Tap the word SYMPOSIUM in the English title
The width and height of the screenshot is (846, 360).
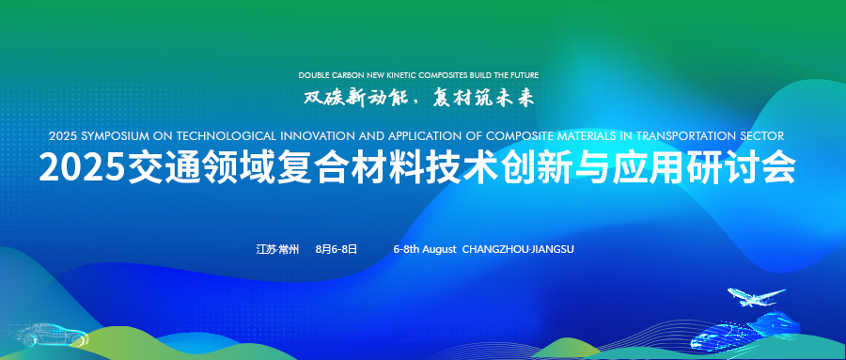[x=114, y=135]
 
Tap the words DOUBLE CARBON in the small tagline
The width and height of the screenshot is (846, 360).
[x=329, y=74]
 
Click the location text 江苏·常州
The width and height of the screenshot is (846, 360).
[x=276, y=249]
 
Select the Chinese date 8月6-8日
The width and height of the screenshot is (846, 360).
[x=337, y=249]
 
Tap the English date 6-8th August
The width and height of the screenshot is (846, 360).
[x=424, y=249]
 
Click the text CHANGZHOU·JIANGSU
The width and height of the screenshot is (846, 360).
[x=518, y=249]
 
